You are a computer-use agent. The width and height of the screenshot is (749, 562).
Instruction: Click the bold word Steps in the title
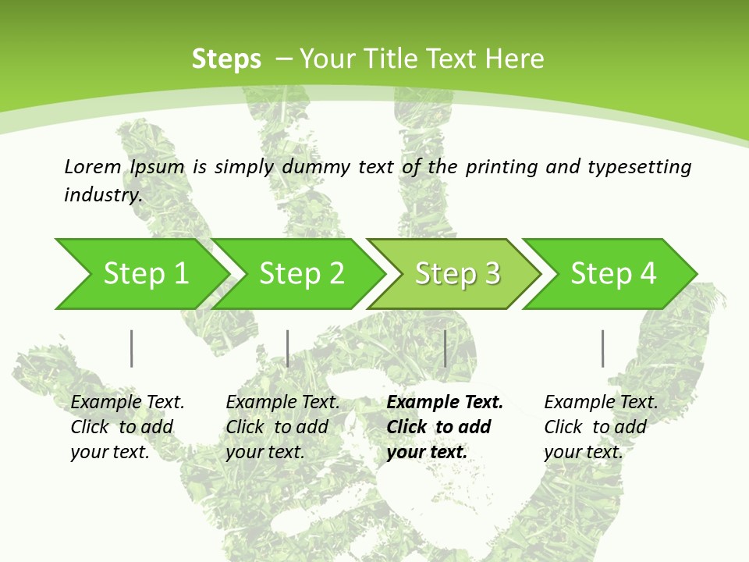point(226,59)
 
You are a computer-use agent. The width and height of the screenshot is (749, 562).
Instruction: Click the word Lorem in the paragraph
point(93,166)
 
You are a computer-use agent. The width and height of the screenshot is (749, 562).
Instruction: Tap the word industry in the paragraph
point(102,194)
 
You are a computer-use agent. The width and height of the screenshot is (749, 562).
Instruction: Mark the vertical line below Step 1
point(131,348)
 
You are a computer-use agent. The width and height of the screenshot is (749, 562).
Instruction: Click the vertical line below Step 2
point(287,348)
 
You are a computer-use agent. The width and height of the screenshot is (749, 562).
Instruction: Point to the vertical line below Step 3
point(445,348)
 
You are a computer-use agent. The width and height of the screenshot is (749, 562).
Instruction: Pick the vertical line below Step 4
point(602,348)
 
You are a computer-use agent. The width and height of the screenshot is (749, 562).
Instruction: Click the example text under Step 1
point(127,427)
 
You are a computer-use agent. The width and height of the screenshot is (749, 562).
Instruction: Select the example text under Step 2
point(282,427)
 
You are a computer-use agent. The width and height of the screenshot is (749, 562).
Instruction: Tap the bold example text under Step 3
point(444,427)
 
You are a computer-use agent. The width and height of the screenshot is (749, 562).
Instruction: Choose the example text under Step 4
point(601,427)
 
